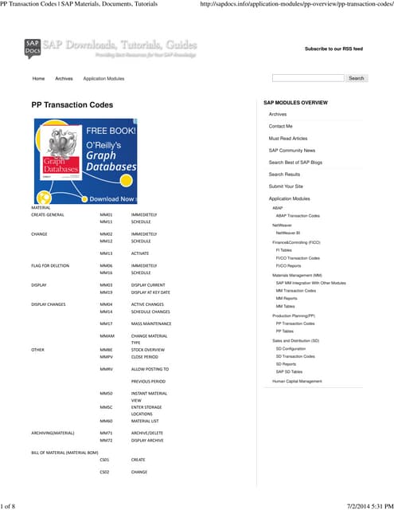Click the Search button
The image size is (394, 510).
click(356, 78)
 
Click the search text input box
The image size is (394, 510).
click(308, 78)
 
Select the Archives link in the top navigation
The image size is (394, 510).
click(64, 79)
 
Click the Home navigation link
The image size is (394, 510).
click(38, 79)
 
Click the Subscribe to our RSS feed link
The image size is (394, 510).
click(334, 49)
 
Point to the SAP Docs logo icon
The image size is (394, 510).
click(33, 48)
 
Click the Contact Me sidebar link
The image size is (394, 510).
click(280, 126)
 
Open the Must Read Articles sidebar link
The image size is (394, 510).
click(287, 138)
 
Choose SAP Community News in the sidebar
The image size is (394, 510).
click(291, 150)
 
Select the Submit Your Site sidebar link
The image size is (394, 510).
click(286, 186)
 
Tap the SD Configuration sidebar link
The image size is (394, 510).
click(291, 348)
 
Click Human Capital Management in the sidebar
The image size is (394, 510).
click(297, 381)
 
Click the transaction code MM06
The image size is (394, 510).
click(106, 265)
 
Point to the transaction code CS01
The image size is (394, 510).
click(105, 459)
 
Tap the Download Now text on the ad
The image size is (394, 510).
click(111, 198)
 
